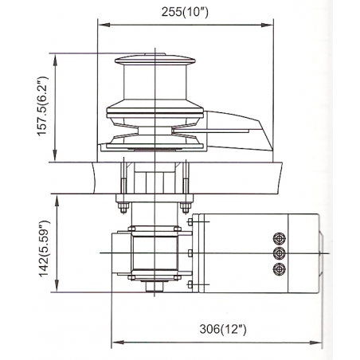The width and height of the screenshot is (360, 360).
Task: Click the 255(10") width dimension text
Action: (x=181, y=11)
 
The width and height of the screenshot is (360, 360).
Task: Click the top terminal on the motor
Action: (x=278, y=238)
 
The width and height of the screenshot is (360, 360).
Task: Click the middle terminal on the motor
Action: (x=278, y=253)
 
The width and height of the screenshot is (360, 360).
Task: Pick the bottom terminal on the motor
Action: (x=278, y=269)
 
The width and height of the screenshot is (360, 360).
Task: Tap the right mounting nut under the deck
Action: (x=185, y=209)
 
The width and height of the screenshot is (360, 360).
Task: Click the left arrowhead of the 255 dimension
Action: (x=100, y=23)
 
